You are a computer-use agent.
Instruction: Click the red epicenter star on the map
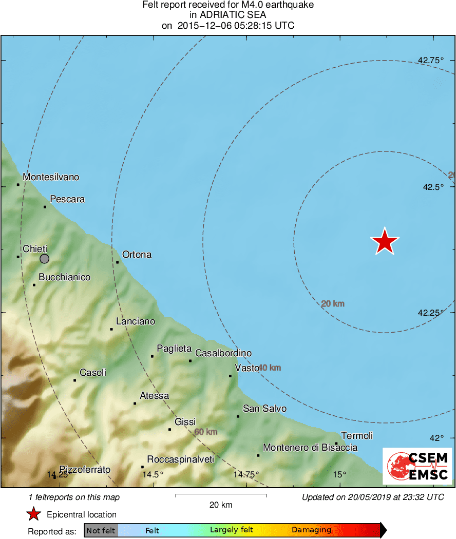pos(385,241)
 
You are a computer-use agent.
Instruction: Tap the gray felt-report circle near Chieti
pos(45,258)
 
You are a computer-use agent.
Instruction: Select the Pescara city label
pos(67,199)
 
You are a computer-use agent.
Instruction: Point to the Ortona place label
pos(137,255)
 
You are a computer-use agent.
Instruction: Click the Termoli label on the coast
pos(357,436)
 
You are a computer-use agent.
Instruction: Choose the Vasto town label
pos(247,368)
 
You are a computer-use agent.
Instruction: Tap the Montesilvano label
pos(51,177)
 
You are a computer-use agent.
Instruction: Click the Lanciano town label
pos(136,321)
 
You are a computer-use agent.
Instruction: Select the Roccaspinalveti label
pos(180,459)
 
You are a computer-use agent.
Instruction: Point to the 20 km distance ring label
pos(333,304)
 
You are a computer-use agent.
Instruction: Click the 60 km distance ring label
pos(205,432)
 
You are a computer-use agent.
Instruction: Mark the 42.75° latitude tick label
pos(431,60)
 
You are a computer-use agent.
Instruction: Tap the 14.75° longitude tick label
pos(246,474)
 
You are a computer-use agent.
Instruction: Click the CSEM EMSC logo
pos(418,466)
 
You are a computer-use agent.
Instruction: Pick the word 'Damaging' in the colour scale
pos(311,530)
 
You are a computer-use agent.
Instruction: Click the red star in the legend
pos(34,514)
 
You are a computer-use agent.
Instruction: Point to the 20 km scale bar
pos(221,495)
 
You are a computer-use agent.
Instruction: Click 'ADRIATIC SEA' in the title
pos(227,15)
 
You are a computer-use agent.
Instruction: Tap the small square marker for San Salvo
pos(238,416)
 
